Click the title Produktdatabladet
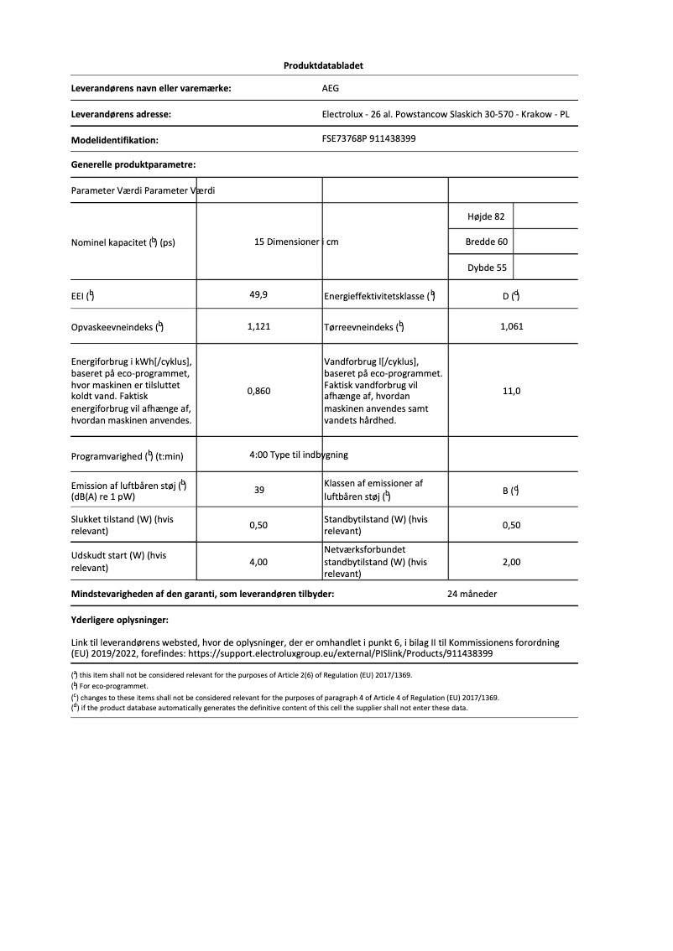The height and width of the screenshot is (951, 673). (x=323, y=65)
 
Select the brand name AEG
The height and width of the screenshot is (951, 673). (x=331, y=88)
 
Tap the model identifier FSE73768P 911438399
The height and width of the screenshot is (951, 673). (x=369, y=139)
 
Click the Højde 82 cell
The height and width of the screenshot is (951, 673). (x=486, y=216)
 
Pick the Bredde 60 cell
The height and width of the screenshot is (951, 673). (x=486, y=242)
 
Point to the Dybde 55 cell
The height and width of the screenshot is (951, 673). (x=486, y=268)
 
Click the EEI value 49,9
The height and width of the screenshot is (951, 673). (x=259, y=295)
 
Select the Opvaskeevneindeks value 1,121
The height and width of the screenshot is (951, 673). (x=259, y=327)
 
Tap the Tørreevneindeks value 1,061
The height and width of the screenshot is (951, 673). (x=511, y=327)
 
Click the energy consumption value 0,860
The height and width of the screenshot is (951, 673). (x=259, y=391)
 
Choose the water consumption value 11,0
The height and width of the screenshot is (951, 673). (x=511, y=391)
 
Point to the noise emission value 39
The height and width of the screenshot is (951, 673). (x=259, y=490)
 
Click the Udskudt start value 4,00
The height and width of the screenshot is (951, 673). (x=259, y=562)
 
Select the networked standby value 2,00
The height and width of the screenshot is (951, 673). (x=511, y=562)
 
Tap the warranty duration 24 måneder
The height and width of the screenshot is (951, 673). (x=472, y=594)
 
